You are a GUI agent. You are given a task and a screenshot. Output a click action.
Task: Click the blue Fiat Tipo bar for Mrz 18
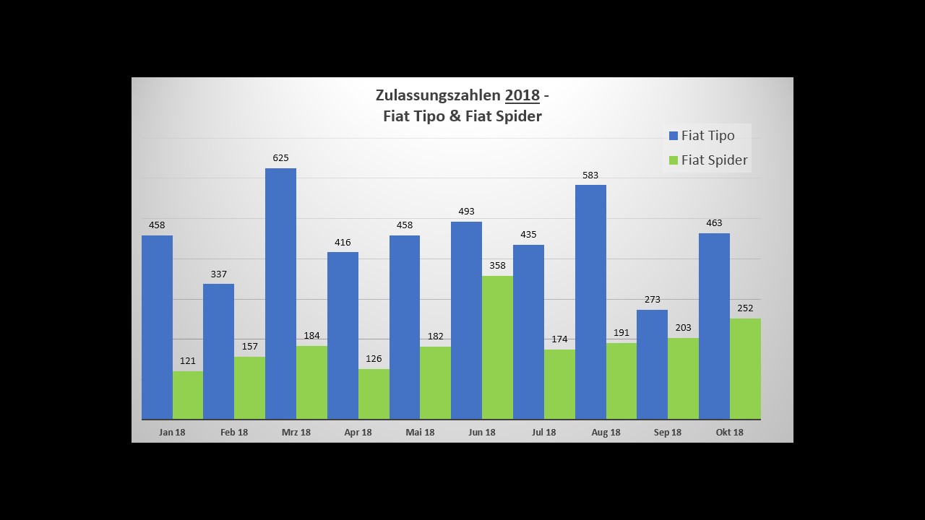[280, 293]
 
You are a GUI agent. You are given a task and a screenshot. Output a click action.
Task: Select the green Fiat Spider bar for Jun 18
[497, 347]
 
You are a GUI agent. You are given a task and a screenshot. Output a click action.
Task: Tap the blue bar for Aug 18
[590, 302]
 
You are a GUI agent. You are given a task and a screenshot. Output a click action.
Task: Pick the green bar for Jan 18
[188, 395]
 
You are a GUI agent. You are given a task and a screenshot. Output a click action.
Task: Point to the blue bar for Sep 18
[652, 364]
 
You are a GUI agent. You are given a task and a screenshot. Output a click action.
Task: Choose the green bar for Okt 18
[745, 368]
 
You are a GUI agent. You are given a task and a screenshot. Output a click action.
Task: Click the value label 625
[280, 157]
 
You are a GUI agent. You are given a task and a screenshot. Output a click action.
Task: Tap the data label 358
[497, 265]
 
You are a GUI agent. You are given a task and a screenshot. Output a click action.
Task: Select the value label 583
[590, 175]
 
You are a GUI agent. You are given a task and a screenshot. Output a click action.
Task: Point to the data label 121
[188, 360]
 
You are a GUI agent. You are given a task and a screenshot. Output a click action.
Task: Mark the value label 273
[652, 299]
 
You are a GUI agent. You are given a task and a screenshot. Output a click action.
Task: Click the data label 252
[745, 308]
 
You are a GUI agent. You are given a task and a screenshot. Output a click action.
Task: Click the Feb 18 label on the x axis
[234, 432]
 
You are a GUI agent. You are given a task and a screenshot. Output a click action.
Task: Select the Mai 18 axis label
[420, 432]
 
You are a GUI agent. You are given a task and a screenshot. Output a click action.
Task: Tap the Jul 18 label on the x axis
[543, 432]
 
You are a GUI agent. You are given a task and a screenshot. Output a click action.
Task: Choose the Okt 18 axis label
[729, 432]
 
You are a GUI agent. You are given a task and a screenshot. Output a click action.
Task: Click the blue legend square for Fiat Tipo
[674, 136]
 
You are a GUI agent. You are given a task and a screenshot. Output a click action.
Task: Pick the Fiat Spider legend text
[714, 160]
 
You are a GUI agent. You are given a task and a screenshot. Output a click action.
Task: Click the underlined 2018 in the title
[522, 95]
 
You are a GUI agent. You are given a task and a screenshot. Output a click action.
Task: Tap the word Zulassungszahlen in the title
[437, 95]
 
